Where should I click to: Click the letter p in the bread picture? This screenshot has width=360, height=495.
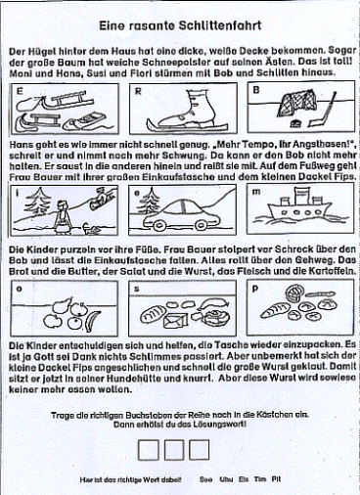pos(254,289)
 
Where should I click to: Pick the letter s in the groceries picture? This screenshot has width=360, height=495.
pos(137,289)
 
